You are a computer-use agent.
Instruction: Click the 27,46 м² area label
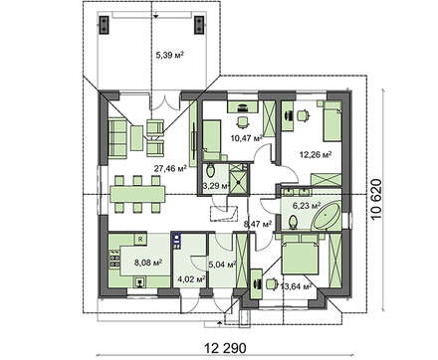click(x=170, y=168)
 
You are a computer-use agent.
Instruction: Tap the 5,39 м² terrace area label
click(x=170, y=55)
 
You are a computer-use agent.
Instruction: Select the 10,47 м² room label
click(x=247, y=136)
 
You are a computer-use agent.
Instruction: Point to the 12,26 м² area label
click(x=316, y=154)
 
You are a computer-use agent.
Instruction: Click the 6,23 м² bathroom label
click(x=307, y=206)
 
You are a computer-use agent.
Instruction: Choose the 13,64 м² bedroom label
click(x=296, y=286)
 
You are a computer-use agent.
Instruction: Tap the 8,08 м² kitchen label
click(x=148, y=263)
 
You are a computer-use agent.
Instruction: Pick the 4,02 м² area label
click(x=191, y=279)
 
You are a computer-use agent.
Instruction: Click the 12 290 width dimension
click(x=225, y=348)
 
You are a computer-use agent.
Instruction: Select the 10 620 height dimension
click(x=377, y=200)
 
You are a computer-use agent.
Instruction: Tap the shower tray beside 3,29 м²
click(x=239, y=177)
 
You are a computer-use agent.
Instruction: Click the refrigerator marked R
click(x=140, y=239)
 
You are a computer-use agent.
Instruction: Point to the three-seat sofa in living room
click(x=117, y=138)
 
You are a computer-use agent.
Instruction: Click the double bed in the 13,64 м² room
click(x=300, y=256)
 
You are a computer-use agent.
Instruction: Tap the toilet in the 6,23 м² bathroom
click(x=294, y=222)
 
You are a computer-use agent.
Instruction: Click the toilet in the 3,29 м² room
click(x=210, y=170)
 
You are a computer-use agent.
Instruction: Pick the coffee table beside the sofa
click(x=136, y=138)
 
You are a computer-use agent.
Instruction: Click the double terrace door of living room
click(x=165, y=102)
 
